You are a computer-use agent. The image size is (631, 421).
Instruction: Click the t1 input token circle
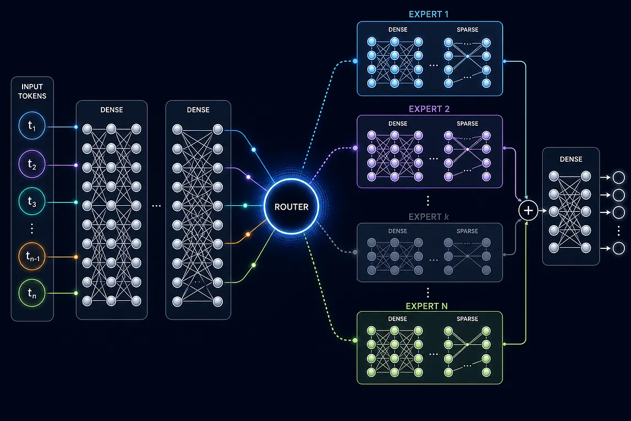pos(32,126)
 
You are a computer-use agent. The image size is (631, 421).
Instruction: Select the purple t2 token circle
pos(32,164)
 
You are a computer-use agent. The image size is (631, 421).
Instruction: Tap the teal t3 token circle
pos(32,201)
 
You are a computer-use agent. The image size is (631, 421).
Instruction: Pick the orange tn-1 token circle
pos(32,256)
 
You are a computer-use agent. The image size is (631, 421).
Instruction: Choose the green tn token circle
pos(32,293)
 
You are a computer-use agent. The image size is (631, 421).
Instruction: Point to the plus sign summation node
pos(528,211)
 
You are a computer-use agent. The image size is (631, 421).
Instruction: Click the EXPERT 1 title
pos(429,14)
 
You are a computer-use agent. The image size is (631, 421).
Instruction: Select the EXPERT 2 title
pos(429,109)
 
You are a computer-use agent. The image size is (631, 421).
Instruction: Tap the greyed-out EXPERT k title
pos(429,217)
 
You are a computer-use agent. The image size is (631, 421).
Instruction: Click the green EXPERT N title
pos(426,306)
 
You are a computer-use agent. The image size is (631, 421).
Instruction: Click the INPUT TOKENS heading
pos(32,92)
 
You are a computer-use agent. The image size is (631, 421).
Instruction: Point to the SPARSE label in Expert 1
pos(467,30)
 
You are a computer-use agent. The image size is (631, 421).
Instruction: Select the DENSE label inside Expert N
pos(398,319)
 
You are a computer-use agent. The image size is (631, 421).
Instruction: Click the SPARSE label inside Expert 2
pos(467,124)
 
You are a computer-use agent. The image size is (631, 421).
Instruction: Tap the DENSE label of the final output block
pos(571,159)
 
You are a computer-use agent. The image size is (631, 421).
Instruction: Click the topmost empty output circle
pos(618,177)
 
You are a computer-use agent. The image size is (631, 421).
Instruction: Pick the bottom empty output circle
pos(618,248)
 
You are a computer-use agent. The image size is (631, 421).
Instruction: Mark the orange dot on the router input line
pos(248,235)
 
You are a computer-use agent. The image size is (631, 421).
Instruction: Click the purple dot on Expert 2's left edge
pos(355,148)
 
